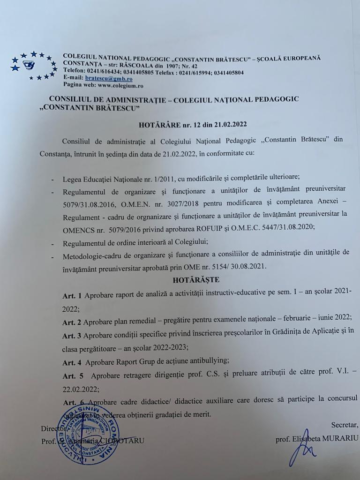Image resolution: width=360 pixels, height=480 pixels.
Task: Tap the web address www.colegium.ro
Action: point(120,86)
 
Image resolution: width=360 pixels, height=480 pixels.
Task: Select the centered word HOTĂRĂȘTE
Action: point(196,280)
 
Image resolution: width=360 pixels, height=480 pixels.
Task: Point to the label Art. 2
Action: point(72,322)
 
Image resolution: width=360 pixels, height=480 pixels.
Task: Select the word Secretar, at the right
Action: point(345,425)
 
